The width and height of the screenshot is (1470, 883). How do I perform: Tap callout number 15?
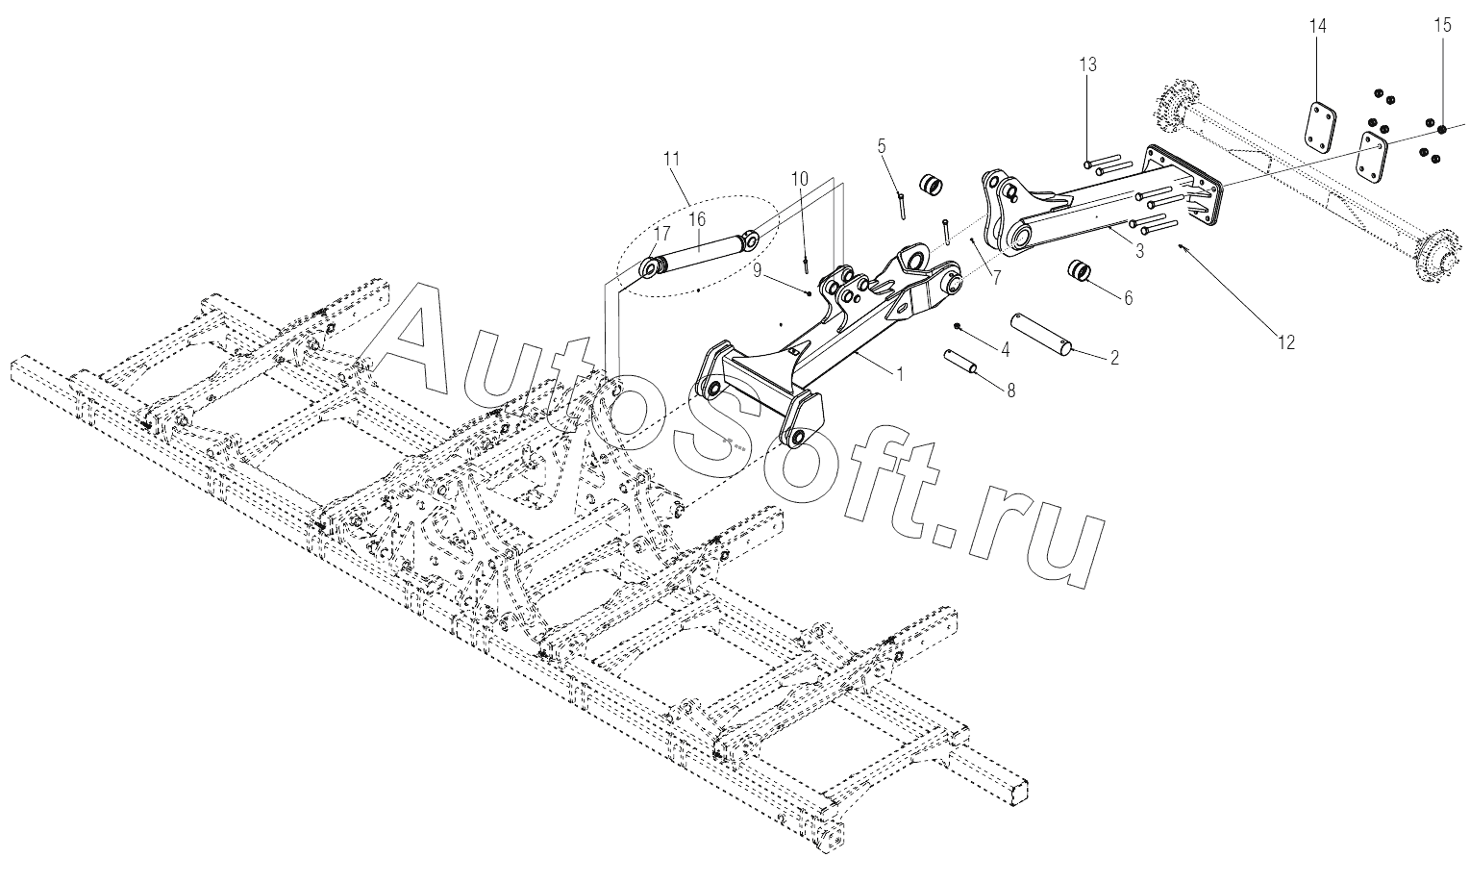(1443, 26)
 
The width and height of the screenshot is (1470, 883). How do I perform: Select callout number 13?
(1087, 64)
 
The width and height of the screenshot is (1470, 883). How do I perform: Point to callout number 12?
(1285, 341)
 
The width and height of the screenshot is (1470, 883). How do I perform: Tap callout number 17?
(662, 234)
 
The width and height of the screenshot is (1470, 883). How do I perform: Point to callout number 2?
(1114, 358)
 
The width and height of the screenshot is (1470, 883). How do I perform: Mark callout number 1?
(900, 374)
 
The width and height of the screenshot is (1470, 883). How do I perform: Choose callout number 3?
(1138, 252)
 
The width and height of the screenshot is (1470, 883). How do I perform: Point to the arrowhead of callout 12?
(1182, 246)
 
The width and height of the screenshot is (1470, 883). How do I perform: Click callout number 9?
(758, 272)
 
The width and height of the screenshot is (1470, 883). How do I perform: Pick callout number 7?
(996, 279)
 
